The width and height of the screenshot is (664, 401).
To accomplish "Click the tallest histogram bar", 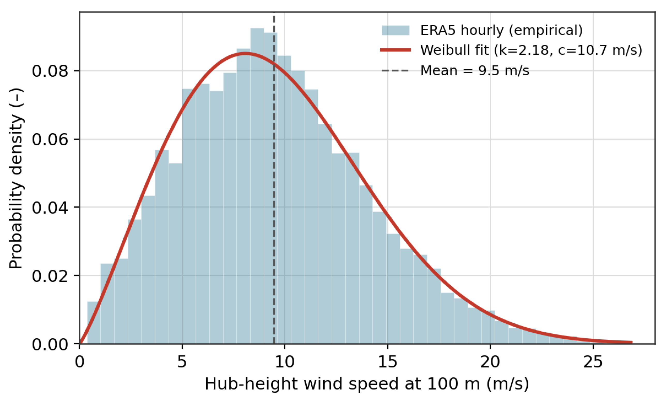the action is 257,186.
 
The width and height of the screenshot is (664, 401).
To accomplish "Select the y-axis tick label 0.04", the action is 50,207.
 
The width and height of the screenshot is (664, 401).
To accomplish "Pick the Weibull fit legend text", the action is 531,50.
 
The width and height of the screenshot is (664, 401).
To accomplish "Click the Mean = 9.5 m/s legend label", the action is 475,71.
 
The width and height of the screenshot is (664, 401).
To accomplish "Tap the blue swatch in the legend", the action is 396,30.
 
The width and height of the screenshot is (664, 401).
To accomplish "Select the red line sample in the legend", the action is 396,50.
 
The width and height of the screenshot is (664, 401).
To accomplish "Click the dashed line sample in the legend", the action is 396,71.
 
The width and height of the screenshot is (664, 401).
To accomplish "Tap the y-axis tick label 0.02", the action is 50,276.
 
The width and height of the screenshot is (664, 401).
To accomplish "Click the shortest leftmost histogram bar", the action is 94,323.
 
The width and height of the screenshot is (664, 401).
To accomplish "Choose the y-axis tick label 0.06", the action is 50,140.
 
